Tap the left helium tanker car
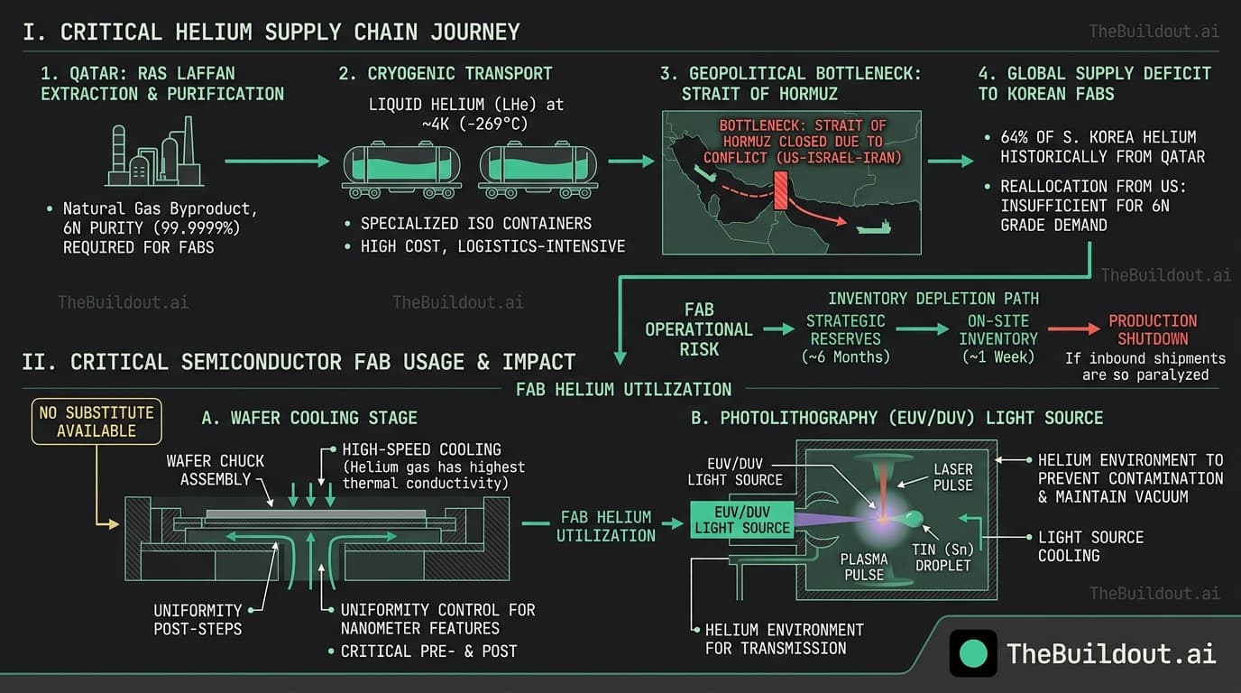tap(401, 168)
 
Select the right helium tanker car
tap(538, 168)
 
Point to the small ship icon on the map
tap(873, 227)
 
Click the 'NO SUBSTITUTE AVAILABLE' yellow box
tap(97, 421)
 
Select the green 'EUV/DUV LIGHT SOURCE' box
tap(741, 519)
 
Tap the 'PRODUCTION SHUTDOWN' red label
tap(1153, 329)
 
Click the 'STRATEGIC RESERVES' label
tap(845, 329)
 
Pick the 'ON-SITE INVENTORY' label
tap(997, 329)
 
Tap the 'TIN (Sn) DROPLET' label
tap(943, 556)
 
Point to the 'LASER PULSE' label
tap(953, 476)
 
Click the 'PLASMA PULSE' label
tap(864, 567)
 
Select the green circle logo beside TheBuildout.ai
tap(973, 653)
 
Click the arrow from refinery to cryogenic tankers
tap(277, 162)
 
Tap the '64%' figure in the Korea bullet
tap(1017, 137)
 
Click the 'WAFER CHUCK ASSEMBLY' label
tap(216, 469)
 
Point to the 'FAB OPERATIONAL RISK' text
tap(699, 329)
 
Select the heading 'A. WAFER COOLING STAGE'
tap(309, 418)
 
